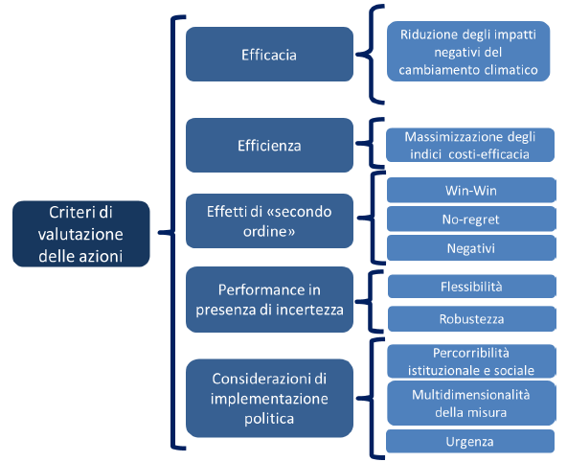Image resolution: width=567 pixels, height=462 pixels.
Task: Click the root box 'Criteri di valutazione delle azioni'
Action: [81, 234]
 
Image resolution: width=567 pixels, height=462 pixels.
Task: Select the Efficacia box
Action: [269, 55]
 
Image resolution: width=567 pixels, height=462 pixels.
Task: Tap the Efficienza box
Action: [269, 145]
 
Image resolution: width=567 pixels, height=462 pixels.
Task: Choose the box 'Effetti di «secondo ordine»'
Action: [269, 221]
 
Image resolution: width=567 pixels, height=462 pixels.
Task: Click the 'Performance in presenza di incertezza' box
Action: [269, 300]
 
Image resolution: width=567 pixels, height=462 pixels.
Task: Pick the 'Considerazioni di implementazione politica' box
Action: [269, 399]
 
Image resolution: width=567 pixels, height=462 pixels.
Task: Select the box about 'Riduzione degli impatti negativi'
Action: [468, 52]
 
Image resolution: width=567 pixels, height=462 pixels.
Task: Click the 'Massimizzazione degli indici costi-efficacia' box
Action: [470, 145]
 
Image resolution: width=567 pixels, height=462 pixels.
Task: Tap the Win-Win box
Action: [471, 190]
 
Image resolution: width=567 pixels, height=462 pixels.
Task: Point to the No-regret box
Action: [471, 219]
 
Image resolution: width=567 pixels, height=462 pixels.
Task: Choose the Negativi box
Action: [471, 248]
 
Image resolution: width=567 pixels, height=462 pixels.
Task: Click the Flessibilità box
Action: [471, 287]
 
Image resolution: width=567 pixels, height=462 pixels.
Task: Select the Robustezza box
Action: [471, 319]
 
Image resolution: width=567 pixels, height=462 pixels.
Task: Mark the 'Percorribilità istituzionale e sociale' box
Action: [471, 361]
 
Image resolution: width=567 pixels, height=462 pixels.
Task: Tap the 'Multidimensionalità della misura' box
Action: [471, 403]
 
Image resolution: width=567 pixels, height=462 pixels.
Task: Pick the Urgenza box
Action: [470, 441]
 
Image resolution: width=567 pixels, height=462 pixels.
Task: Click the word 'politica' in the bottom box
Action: [269, 419]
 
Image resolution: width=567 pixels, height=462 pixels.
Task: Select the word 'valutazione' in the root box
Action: [80, 234]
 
